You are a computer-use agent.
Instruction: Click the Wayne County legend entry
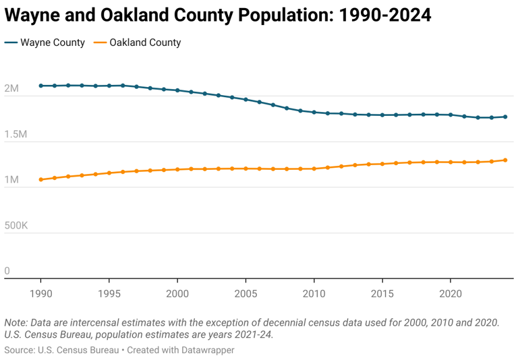[45, 42]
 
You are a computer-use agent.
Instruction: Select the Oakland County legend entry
[138, 42]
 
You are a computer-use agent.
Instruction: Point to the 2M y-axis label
[12, 89]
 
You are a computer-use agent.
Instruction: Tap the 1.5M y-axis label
[16, 135]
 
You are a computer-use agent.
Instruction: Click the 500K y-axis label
[16, 226]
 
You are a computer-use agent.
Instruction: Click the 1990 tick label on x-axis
[40, 294]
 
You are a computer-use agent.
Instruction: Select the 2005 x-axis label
[246, 294]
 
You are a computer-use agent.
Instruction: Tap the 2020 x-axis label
[451, 294]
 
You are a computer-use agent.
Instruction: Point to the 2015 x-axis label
[382, 294]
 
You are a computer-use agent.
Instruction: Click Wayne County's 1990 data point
[40, 86]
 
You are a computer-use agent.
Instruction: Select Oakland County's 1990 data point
[40, 179]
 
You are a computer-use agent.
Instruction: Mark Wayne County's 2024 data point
[505, 117]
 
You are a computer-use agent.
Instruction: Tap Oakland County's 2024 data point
[505, 160]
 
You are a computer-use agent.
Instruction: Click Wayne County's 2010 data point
[314, 112]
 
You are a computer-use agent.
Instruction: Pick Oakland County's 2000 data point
[177, 169]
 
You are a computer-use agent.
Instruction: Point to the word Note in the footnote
[16, 322]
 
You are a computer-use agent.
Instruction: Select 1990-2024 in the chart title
[368, 15]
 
